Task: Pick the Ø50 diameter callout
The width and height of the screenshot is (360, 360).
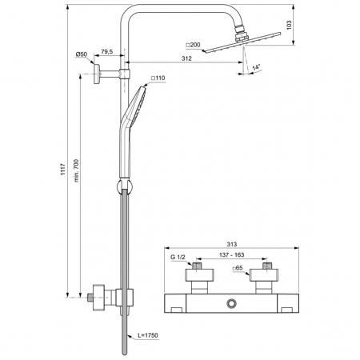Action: pyautogui.click(x=82, y=54)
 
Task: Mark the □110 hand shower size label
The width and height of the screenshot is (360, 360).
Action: pyautogui.click(x=158, y=78)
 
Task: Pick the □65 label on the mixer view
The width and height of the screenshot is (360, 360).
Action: pyautogui.click(x=238, y=270)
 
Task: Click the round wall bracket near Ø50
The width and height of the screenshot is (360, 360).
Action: pyautogui.click(x=94, y=75)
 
